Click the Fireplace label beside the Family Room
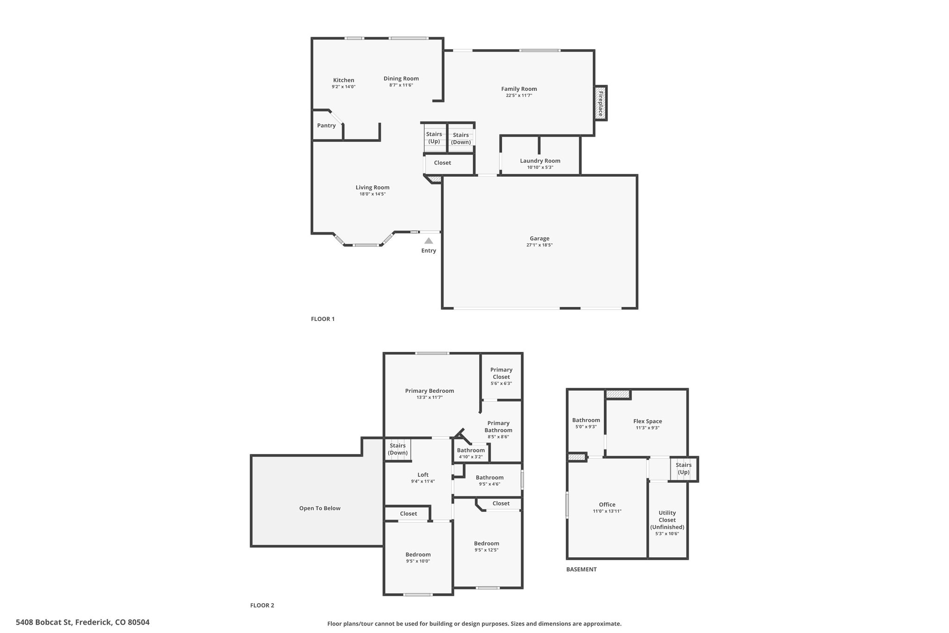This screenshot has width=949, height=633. (x=601, y=103)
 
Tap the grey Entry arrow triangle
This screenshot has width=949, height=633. (x=429, y=241)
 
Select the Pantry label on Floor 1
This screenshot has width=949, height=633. (x=326, y=126)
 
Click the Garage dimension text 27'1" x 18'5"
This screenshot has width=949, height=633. (x=539, y=245)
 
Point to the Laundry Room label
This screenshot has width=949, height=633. (x=540, y=161)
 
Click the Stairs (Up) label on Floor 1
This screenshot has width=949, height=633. (x=434, y=138)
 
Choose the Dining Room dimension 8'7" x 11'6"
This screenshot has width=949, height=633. (x=401, y=85)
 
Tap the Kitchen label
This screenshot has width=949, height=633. (x=343, y=80)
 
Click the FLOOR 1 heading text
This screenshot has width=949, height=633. (x=323, y=319)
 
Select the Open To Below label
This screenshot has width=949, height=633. (x=320, y=508)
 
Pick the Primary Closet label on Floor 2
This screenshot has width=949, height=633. (x=501, y=373)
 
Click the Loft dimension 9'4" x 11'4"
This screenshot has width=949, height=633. (x=423, y=481)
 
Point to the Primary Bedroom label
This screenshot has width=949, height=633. (x=430, y=391)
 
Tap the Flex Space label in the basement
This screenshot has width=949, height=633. (x=647, y=422)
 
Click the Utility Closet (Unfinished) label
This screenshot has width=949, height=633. (x=667, y=520)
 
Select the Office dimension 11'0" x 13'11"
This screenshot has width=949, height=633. (x=607, y=511)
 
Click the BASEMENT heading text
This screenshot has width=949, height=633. (x=582, y=569)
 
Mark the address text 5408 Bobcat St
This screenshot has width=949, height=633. (x=44, y=622)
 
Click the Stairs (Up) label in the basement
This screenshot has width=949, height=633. (x=683, y=468)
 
